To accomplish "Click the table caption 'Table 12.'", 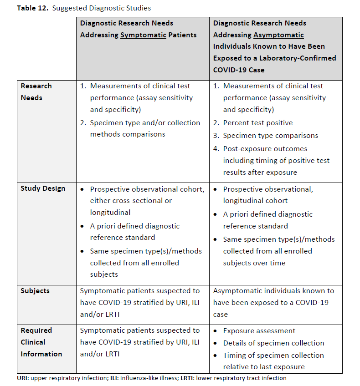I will pos(32,8).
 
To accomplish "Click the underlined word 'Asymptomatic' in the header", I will pos(278,35).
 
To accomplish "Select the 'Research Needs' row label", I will pos(36,91).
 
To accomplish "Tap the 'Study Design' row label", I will pos(43,188).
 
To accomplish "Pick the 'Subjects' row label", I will pos(35,290).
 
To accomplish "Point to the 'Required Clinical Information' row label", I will pos(41,342).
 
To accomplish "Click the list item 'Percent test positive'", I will pos(257,122).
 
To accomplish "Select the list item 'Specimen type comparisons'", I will pos(270,135).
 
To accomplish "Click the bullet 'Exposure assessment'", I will pos(259,331).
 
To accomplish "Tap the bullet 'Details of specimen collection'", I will pos(273,343).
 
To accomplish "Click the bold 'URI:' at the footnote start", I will pos(23,378).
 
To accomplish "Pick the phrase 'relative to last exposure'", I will pos(263,366).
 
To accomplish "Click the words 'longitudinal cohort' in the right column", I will pos(255,200).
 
